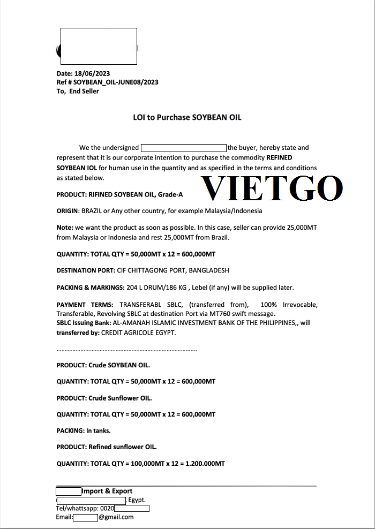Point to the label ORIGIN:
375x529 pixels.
pos(68,211)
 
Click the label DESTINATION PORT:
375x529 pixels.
pos(86,270)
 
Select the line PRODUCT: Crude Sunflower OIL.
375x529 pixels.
pos(104,398)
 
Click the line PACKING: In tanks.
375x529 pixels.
pos(84,430)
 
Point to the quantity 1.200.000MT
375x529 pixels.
pos(205,463)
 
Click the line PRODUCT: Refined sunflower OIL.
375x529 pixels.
pos(107,447)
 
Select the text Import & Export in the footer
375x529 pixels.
pos(107,491)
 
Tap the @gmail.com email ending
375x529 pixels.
pos(116,517)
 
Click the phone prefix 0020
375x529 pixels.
pos(107,509)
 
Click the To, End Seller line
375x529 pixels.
pos(78,91)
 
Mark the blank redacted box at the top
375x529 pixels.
pos(99,45)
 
